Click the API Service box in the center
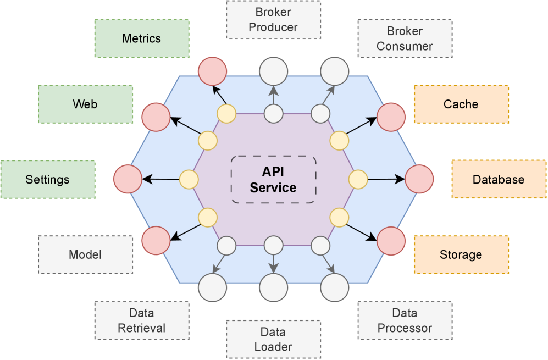click(x=273, y=180)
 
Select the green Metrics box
click(x=142, y=38)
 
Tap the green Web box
click(x=85, y=104)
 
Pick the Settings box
click(x=48, y=179)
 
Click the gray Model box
click(x=85, y=254)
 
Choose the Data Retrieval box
click(x=142, y=320)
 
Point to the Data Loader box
click(x=273, y=339)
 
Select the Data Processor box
click(x=405, y=320)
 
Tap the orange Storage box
click(x=461, y=254)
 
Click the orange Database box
click(x=499, y=179)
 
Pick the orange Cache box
click(x=461, y=104)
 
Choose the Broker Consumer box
click(x=405, y=38)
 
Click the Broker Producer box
click(x=273, y=20)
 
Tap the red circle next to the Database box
click(x=419, y=179)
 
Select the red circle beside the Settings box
click(x=128, y=179)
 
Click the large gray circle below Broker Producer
click(x=273, y=71)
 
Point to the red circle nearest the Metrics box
click(x=212, y=71)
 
